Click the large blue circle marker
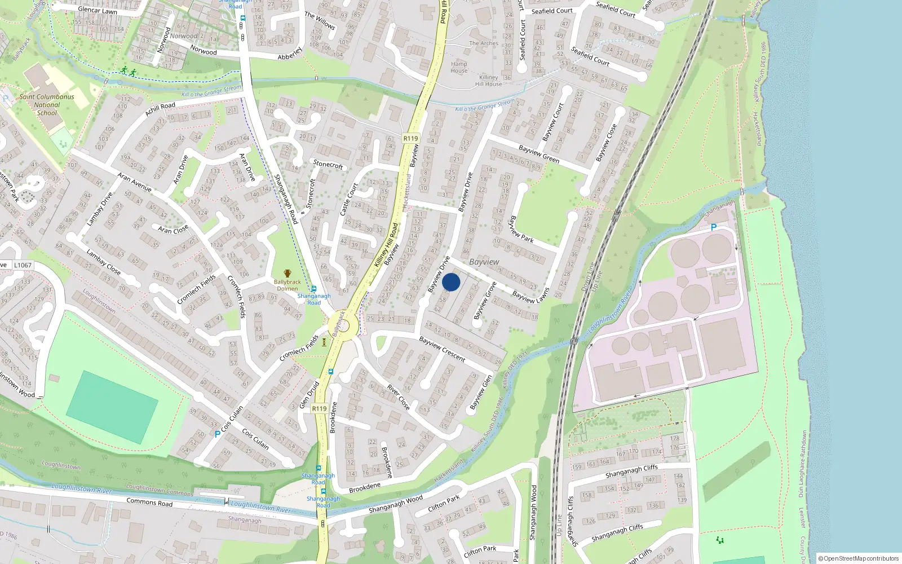pos(451,282)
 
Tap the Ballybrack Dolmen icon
pos(288,274)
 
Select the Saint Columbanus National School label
pos(47,105)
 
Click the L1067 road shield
pos(23,265)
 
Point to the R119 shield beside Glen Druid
pos(319,408)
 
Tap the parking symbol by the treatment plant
pos(713,228)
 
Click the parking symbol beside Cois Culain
pos(218,434)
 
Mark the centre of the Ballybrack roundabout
pos(343,326)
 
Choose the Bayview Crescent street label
pos(443,350)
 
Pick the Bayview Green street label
pos(539,154)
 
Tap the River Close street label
pos(399,396)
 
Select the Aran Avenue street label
pos(135,182)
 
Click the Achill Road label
pos(160,109)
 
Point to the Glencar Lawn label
pos(98,10)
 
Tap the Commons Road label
pos(149,501)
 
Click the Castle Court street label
pos(349,199)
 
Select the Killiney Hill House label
pos(488,81)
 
